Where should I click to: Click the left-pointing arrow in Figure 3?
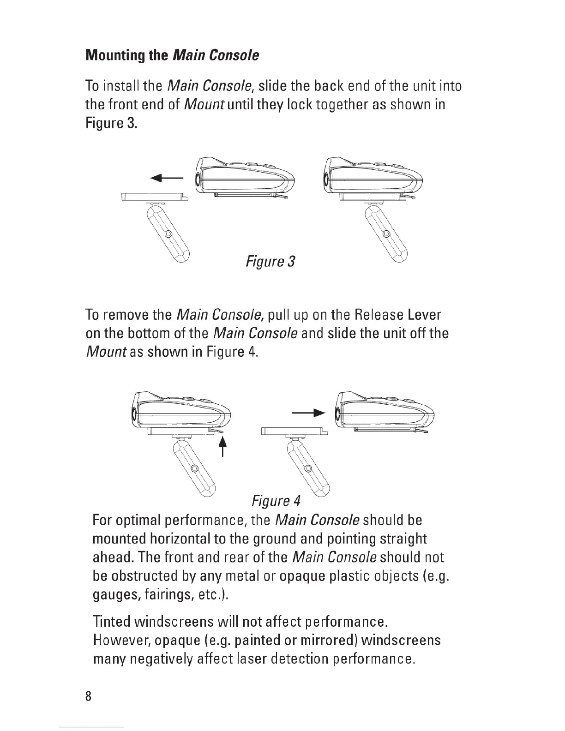pyautogui.click(x=167, y=178)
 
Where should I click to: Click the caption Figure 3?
pyautogui.click(x=270, y=262)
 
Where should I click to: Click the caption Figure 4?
pyautogui.click(x=276, y=501)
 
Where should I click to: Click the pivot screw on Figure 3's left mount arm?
pyautogui.click(x=168, y=234)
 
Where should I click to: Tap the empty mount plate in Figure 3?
pyautogui.click(x=155, y=197)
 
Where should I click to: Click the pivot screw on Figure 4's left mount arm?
pyautogui.click(x=195, y=468)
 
